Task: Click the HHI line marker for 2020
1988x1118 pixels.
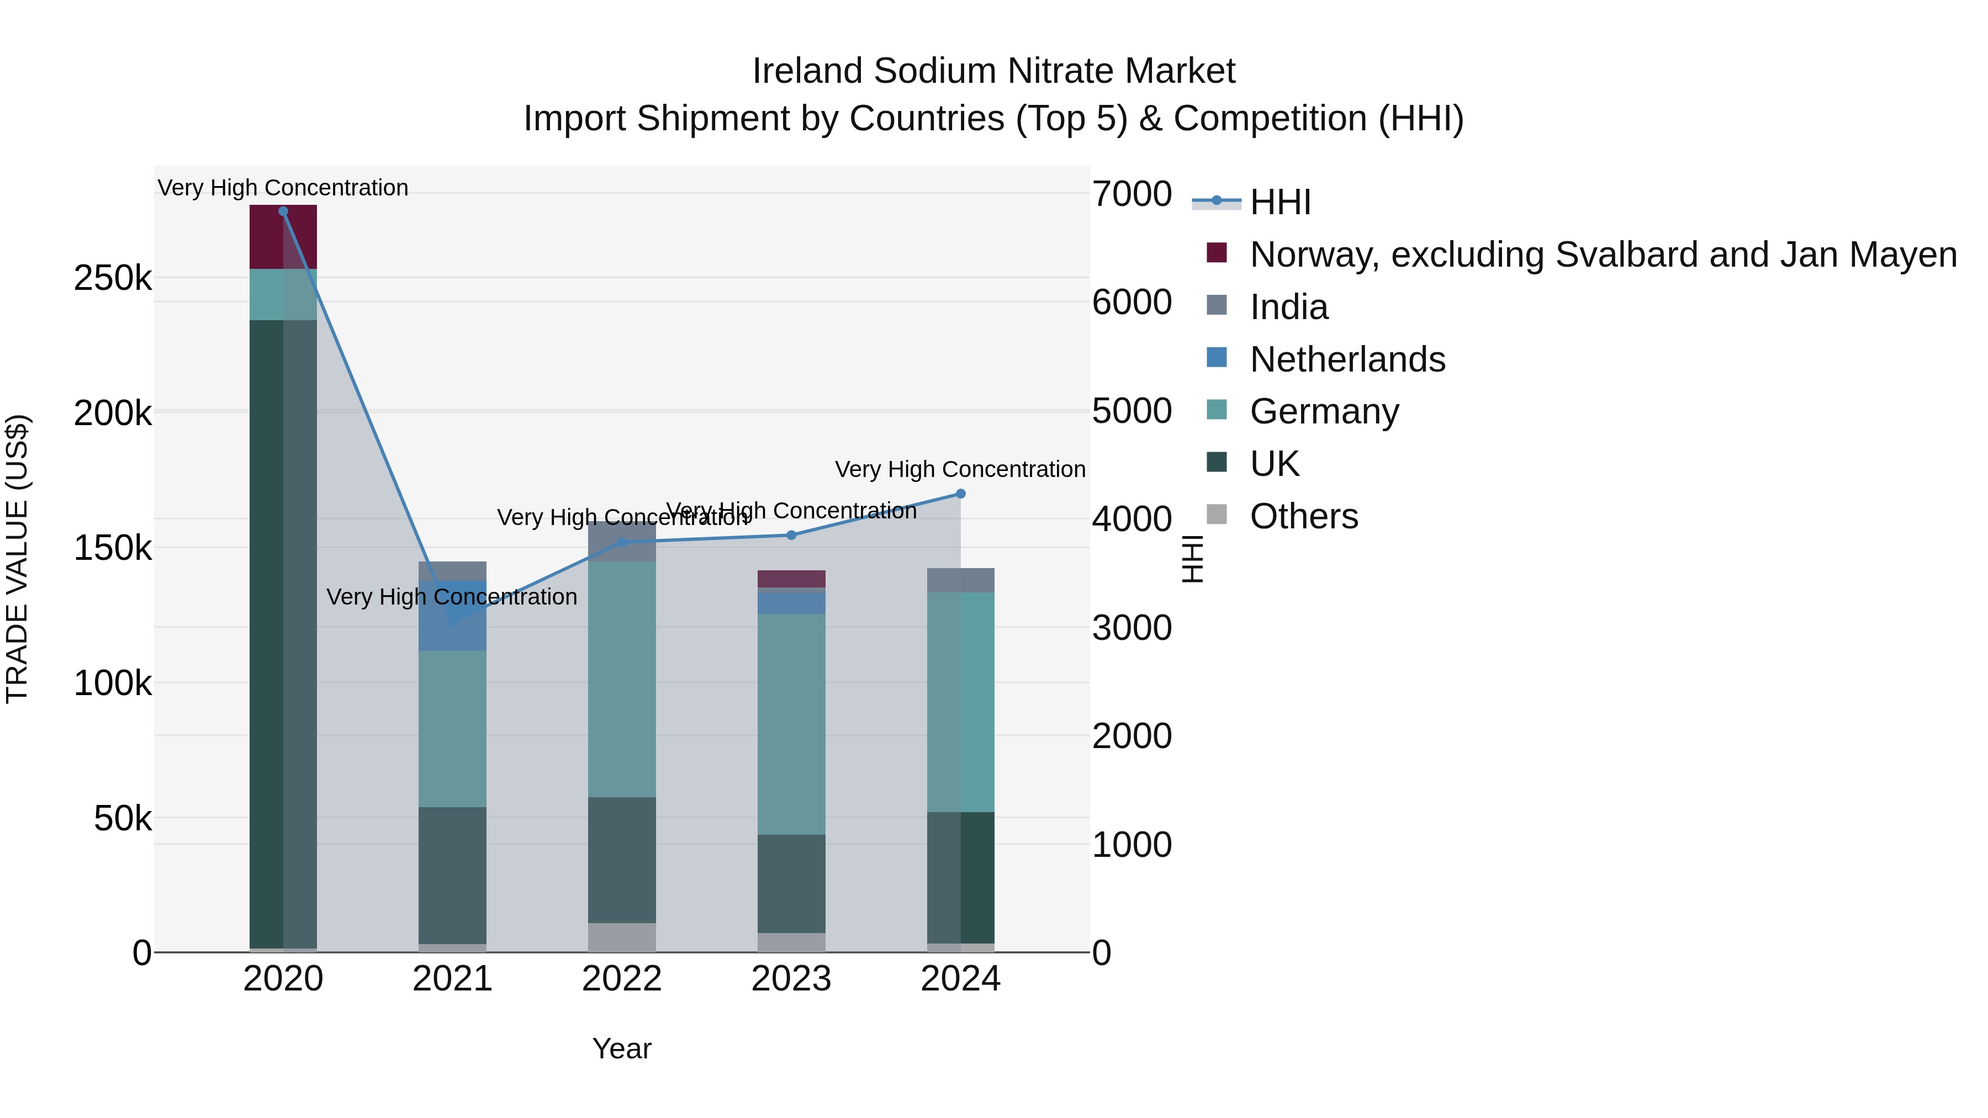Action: tap(283, 211)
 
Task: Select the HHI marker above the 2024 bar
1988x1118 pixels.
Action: tap(960, 494)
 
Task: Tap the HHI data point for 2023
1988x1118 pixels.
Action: tap(791, 534)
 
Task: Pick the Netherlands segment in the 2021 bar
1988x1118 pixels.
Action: tap(452, 633)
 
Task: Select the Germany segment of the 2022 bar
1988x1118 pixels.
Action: tap(622, 679)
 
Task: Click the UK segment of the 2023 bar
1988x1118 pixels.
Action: tap(791, 883)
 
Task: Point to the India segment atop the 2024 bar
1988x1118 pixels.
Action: tap(960, 580)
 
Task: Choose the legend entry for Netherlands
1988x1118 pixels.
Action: tap(1347, 359)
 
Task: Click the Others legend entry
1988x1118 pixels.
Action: tap(1303, 516)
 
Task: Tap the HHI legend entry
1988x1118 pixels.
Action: tap(1280, 202)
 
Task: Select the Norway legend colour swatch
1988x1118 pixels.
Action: tap(1217, 253)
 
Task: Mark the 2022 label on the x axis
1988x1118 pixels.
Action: tap(622, 979)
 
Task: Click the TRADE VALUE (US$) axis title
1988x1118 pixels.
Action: tap(17, 559)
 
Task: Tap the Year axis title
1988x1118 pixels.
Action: tap(622, 1048)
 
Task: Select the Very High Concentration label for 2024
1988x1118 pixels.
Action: tap(960, 469)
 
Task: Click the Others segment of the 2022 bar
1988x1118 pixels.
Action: tap(622, 937)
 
